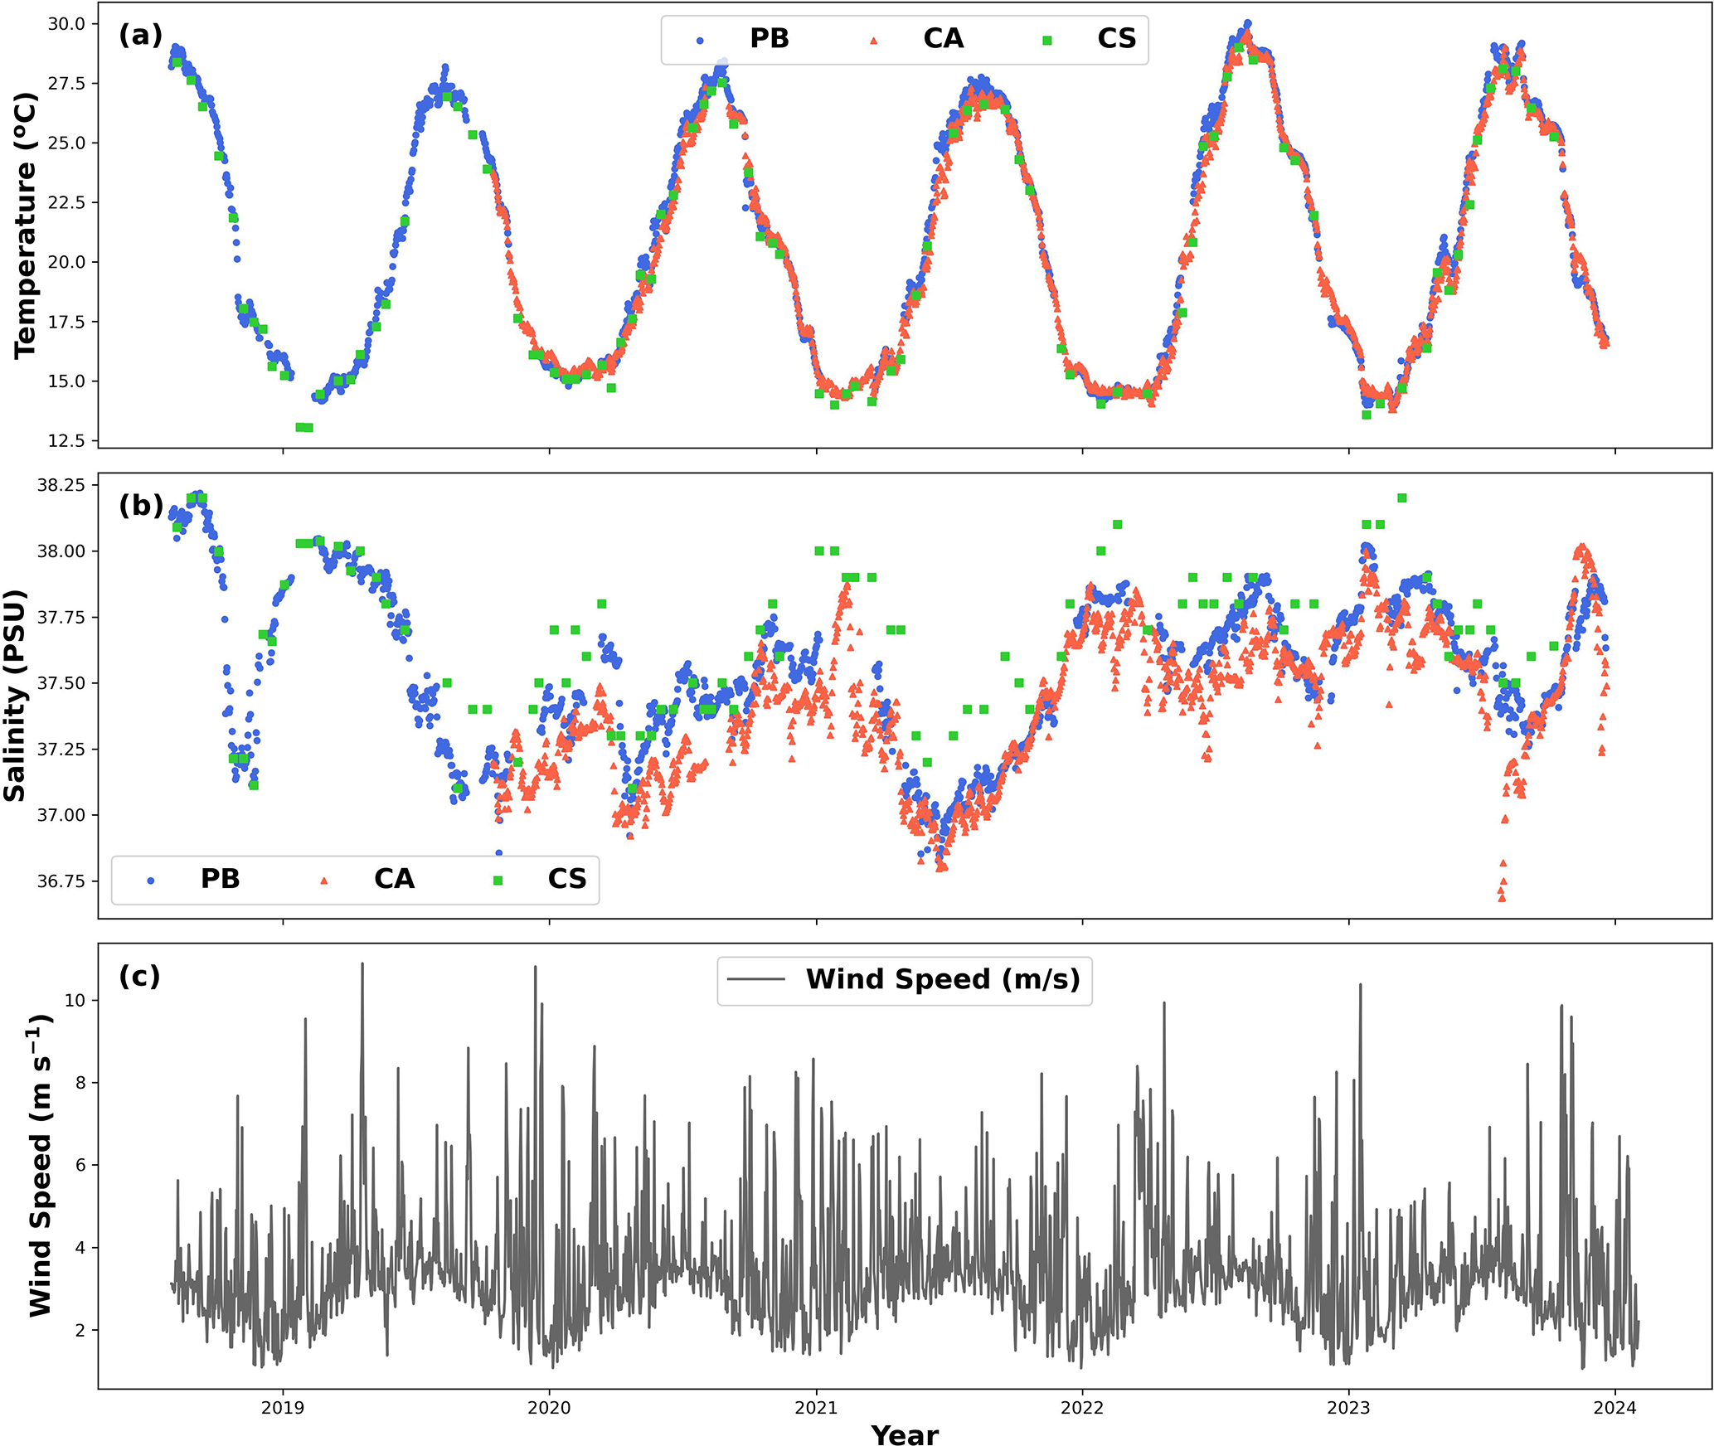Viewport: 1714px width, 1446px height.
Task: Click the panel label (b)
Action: pos(140,505)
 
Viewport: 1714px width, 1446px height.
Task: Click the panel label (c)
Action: pos(139,976)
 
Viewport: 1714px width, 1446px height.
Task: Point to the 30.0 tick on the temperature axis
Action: pos(66,24)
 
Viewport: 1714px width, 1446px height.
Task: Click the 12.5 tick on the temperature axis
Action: pos(66,441)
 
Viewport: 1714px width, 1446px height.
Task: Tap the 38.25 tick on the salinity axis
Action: pos(61,485)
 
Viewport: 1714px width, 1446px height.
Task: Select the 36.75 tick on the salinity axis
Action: pos(61,881)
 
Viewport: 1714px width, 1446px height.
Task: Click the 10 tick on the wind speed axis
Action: pos(75,1000)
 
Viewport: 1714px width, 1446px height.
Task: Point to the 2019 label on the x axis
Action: pos(283,1408)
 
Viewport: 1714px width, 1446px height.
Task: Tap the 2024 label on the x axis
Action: pos(1614,1408)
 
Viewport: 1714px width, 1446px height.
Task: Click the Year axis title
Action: pos(905,1434)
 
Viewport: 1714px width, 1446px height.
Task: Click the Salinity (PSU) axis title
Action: pos(15,696)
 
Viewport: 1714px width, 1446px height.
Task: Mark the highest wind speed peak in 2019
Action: pos(362,963)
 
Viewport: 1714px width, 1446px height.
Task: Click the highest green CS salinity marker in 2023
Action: pos(1401,498)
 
